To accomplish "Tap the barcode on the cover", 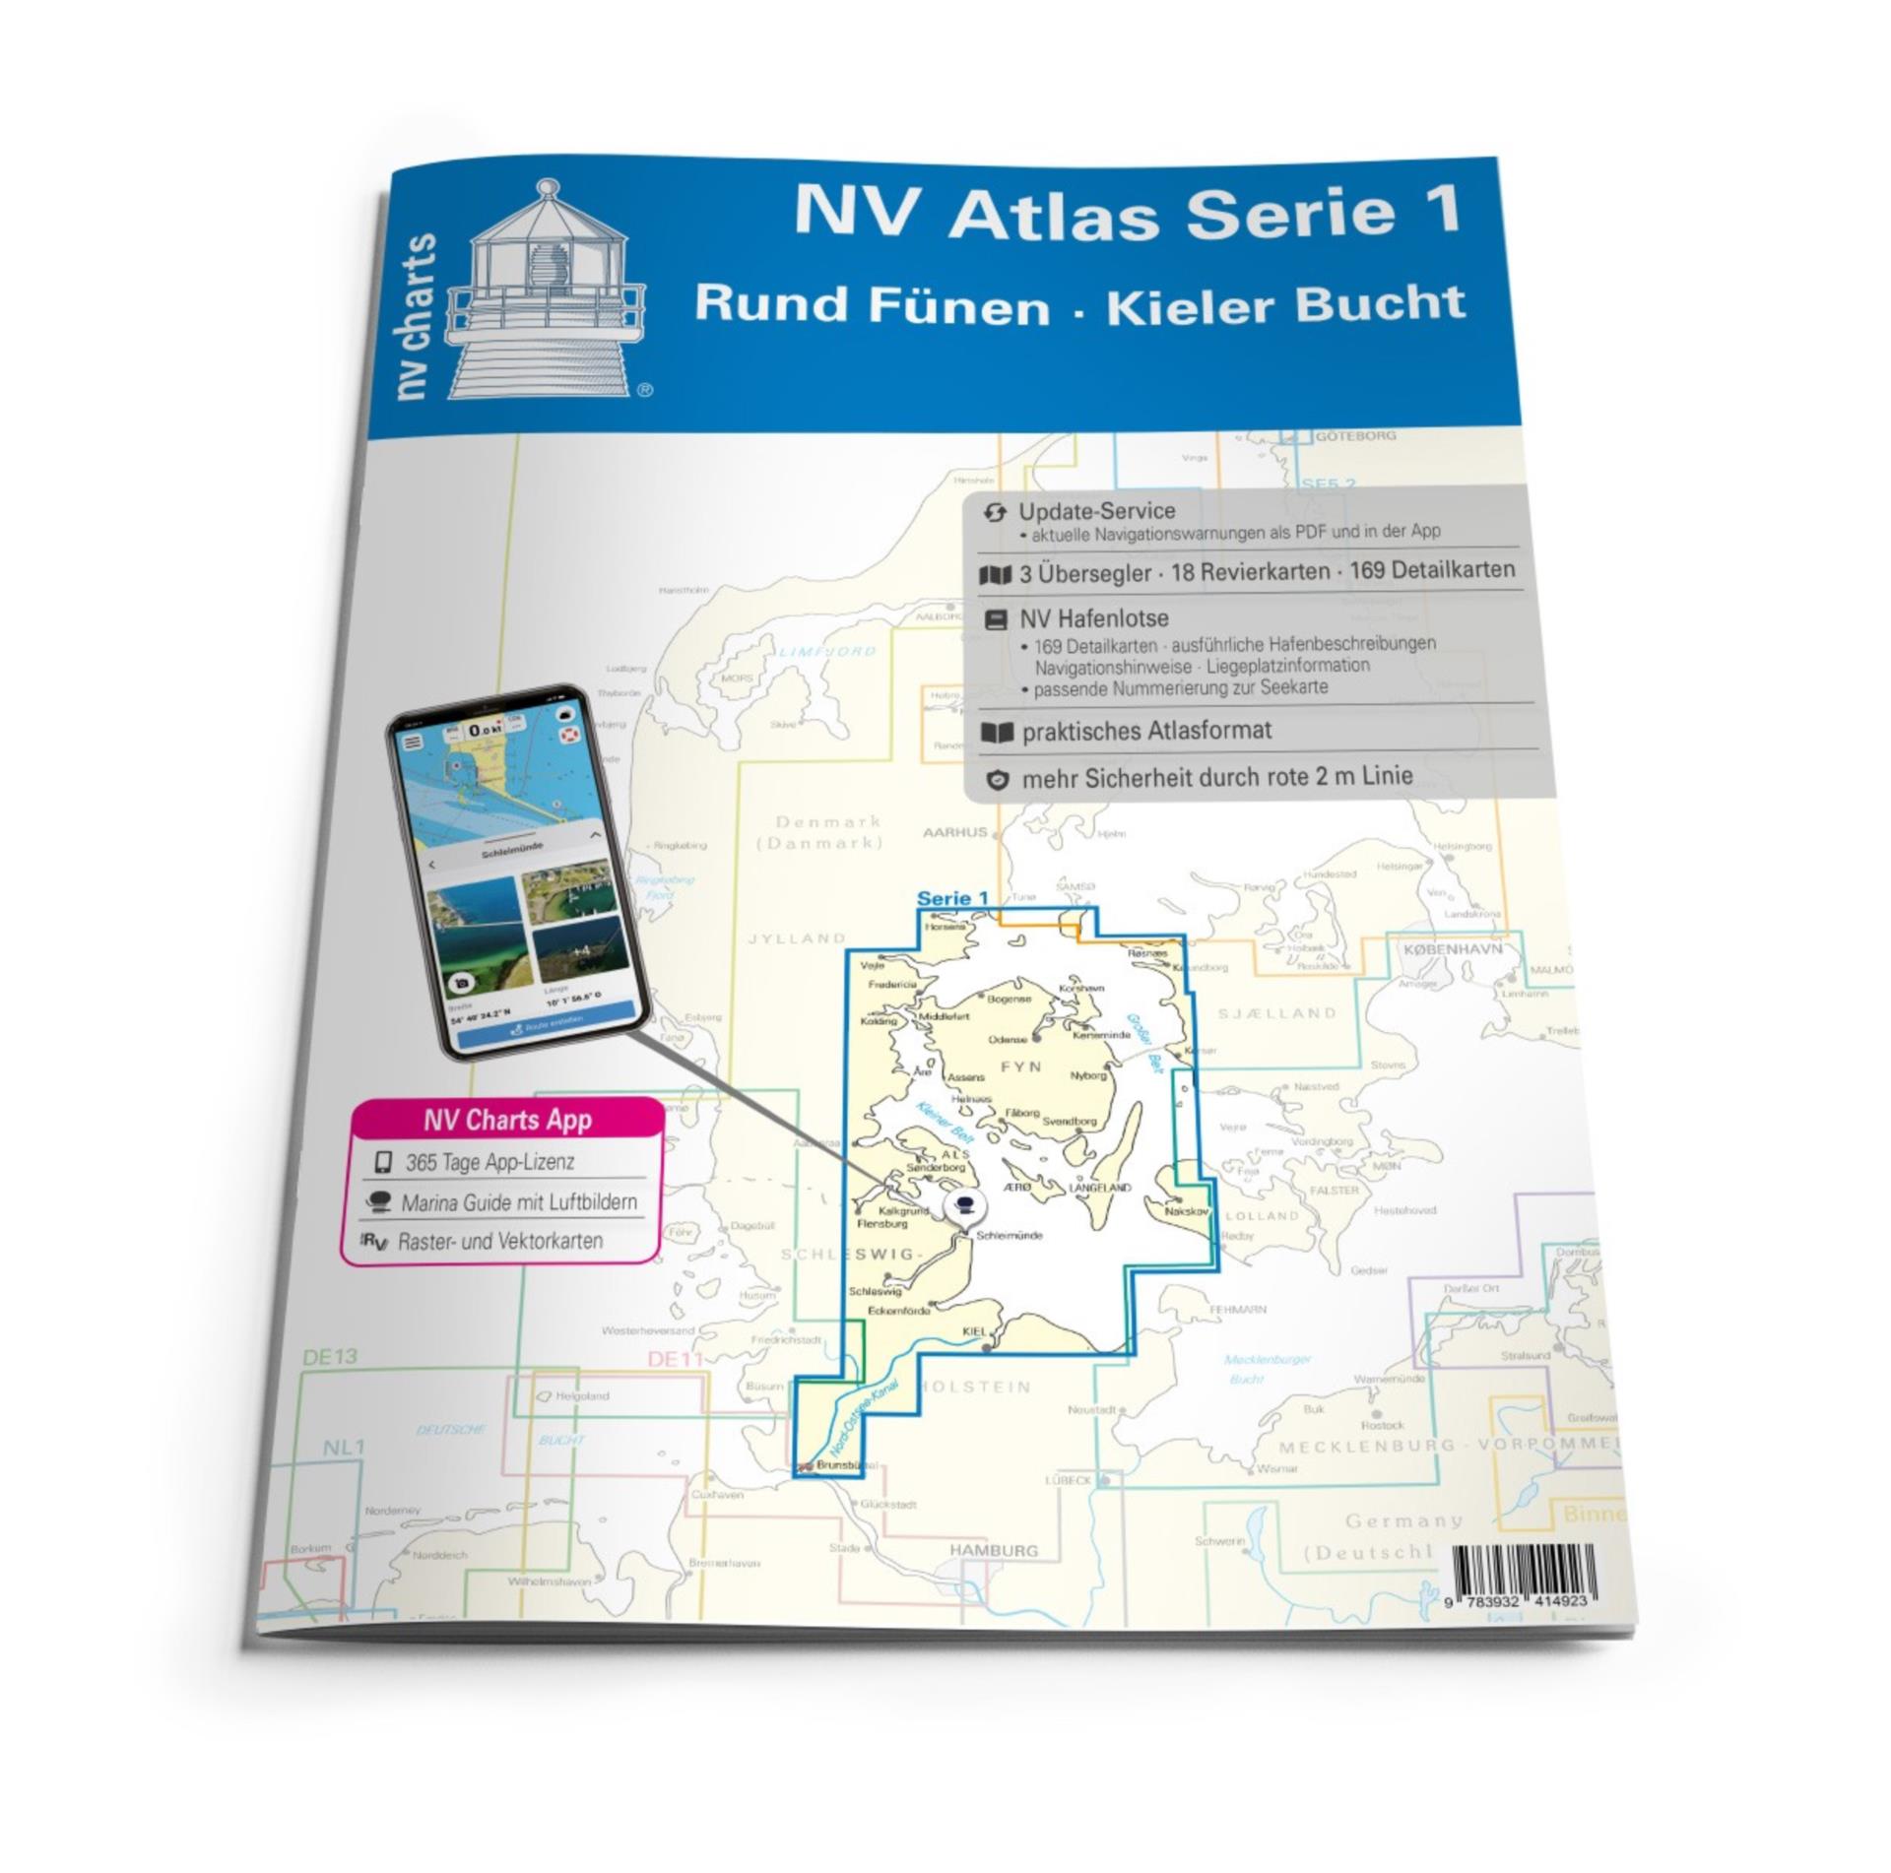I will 1519,1576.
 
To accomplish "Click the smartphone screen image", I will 515,870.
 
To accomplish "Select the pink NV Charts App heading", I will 507,1120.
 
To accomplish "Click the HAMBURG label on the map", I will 993,1550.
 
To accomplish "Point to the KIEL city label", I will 973,1331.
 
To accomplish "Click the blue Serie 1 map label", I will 951,898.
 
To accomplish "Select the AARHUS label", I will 954,832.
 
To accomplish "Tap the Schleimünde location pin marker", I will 963,1206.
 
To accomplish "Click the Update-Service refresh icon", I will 995,512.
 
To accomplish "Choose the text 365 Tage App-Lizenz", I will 489,1162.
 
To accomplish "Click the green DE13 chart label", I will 330,1357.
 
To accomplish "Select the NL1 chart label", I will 344,1448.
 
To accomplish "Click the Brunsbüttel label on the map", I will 846,1465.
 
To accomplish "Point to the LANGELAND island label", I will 1100,1189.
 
